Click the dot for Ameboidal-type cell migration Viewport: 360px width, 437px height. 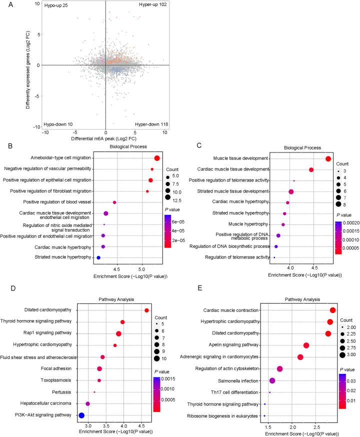156,158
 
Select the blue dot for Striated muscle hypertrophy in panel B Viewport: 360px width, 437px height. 98,257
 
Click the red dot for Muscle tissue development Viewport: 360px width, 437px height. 328,158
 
